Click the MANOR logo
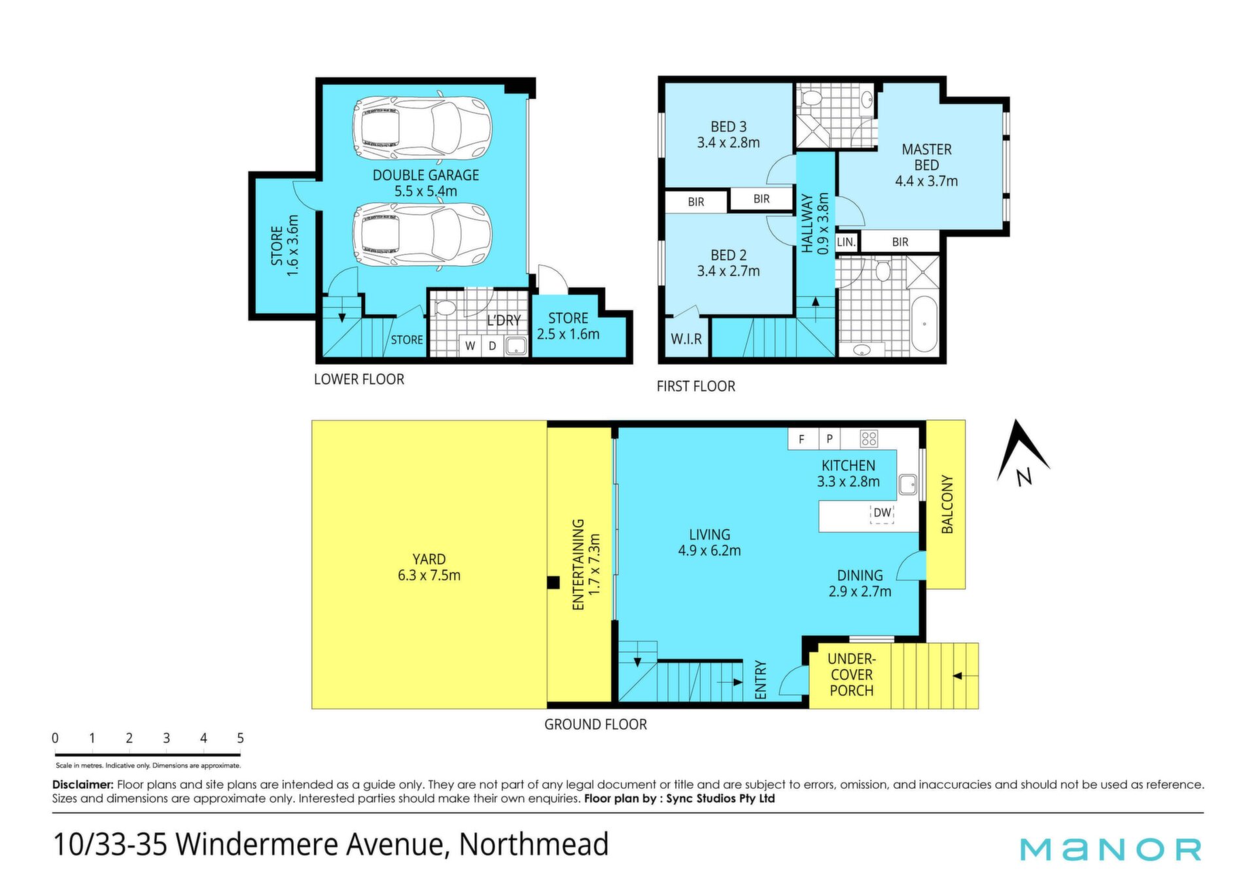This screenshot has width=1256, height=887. point(1111,849)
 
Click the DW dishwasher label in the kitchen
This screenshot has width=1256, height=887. point(882,513)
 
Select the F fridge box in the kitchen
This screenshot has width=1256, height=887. point(802,439)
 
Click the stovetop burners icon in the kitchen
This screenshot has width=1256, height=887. point(869,438)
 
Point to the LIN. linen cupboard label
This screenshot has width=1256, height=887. point(846,242)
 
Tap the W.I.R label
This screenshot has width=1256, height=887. point(686,339)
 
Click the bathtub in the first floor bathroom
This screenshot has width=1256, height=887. point(924,324)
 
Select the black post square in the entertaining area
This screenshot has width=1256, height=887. point(553,582)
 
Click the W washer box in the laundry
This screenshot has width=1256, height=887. point(470,346)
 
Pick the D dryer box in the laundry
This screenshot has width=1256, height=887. point(493,346)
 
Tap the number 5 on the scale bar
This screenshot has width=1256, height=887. point(240,738)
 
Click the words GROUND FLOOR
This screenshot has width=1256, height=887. point(595,724)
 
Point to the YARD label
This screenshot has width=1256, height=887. point(429,559)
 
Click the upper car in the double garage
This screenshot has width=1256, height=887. point(422,128)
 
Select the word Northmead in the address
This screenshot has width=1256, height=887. point(534,844)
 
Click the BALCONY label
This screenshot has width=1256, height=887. point(947,504)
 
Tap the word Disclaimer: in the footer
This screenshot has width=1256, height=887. point(83,784)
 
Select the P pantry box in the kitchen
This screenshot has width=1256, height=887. point(829,439)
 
